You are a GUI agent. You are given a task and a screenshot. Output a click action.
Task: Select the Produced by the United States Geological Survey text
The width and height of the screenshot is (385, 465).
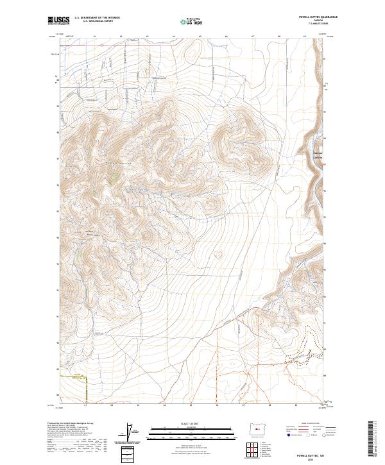click(71, 423)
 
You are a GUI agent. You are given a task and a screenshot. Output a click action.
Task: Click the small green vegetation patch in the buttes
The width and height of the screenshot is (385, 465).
click(112, 180)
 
